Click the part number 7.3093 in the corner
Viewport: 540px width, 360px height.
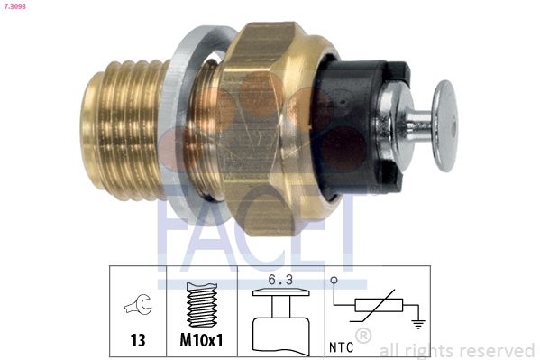(x=15, y=5)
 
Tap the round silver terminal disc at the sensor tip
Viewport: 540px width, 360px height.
(x=445, y=126)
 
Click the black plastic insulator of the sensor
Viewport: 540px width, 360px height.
(x=358, y=127)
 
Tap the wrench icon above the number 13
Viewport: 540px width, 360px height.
(x=139, y=304)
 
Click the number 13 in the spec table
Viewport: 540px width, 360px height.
(x=138, y=340)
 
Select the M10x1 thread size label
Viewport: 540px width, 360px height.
(x=201, y=340)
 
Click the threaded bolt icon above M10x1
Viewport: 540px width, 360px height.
(x=202, y=305)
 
